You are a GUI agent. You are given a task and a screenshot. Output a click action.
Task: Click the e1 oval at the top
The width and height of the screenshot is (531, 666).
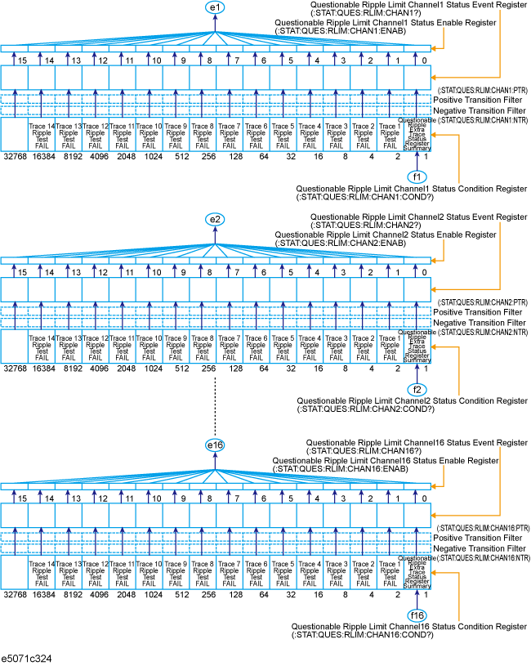click(215, 7)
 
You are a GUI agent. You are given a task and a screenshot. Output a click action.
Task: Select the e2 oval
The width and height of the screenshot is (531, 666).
click(215, 220)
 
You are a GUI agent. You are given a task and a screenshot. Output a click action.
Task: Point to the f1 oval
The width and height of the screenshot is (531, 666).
click(417, 175)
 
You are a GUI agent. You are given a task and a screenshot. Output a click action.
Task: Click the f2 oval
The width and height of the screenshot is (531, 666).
click(417, 389)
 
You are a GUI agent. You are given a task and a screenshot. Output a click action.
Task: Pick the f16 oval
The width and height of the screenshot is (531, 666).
click(417, 615)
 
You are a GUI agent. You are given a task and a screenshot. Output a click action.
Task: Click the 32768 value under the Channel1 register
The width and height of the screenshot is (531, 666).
click(15, 155)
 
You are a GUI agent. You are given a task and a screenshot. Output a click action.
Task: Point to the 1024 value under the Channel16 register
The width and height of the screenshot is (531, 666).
click(149, 594)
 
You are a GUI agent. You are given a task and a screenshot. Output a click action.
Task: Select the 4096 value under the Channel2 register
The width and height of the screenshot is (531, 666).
click(95, 369)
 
